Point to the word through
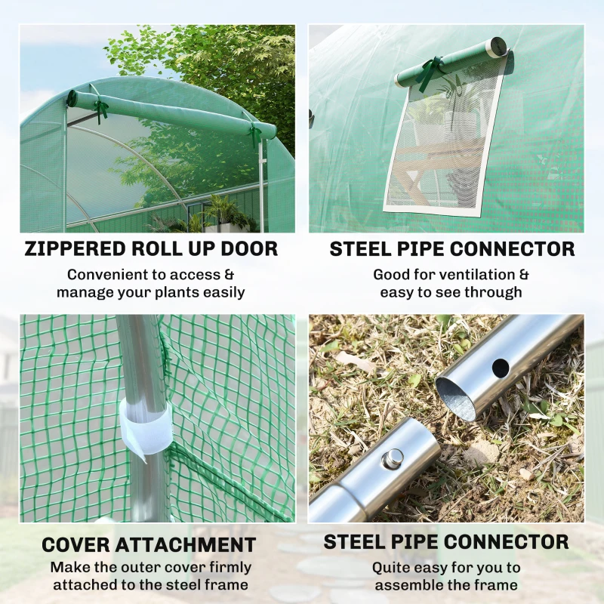pos(494,292)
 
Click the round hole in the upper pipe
pos(500,368)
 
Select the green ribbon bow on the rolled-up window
pos(430,72)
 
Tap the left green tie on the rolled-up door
pos(100,110)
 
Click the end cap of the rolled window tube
pos(498,48)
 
